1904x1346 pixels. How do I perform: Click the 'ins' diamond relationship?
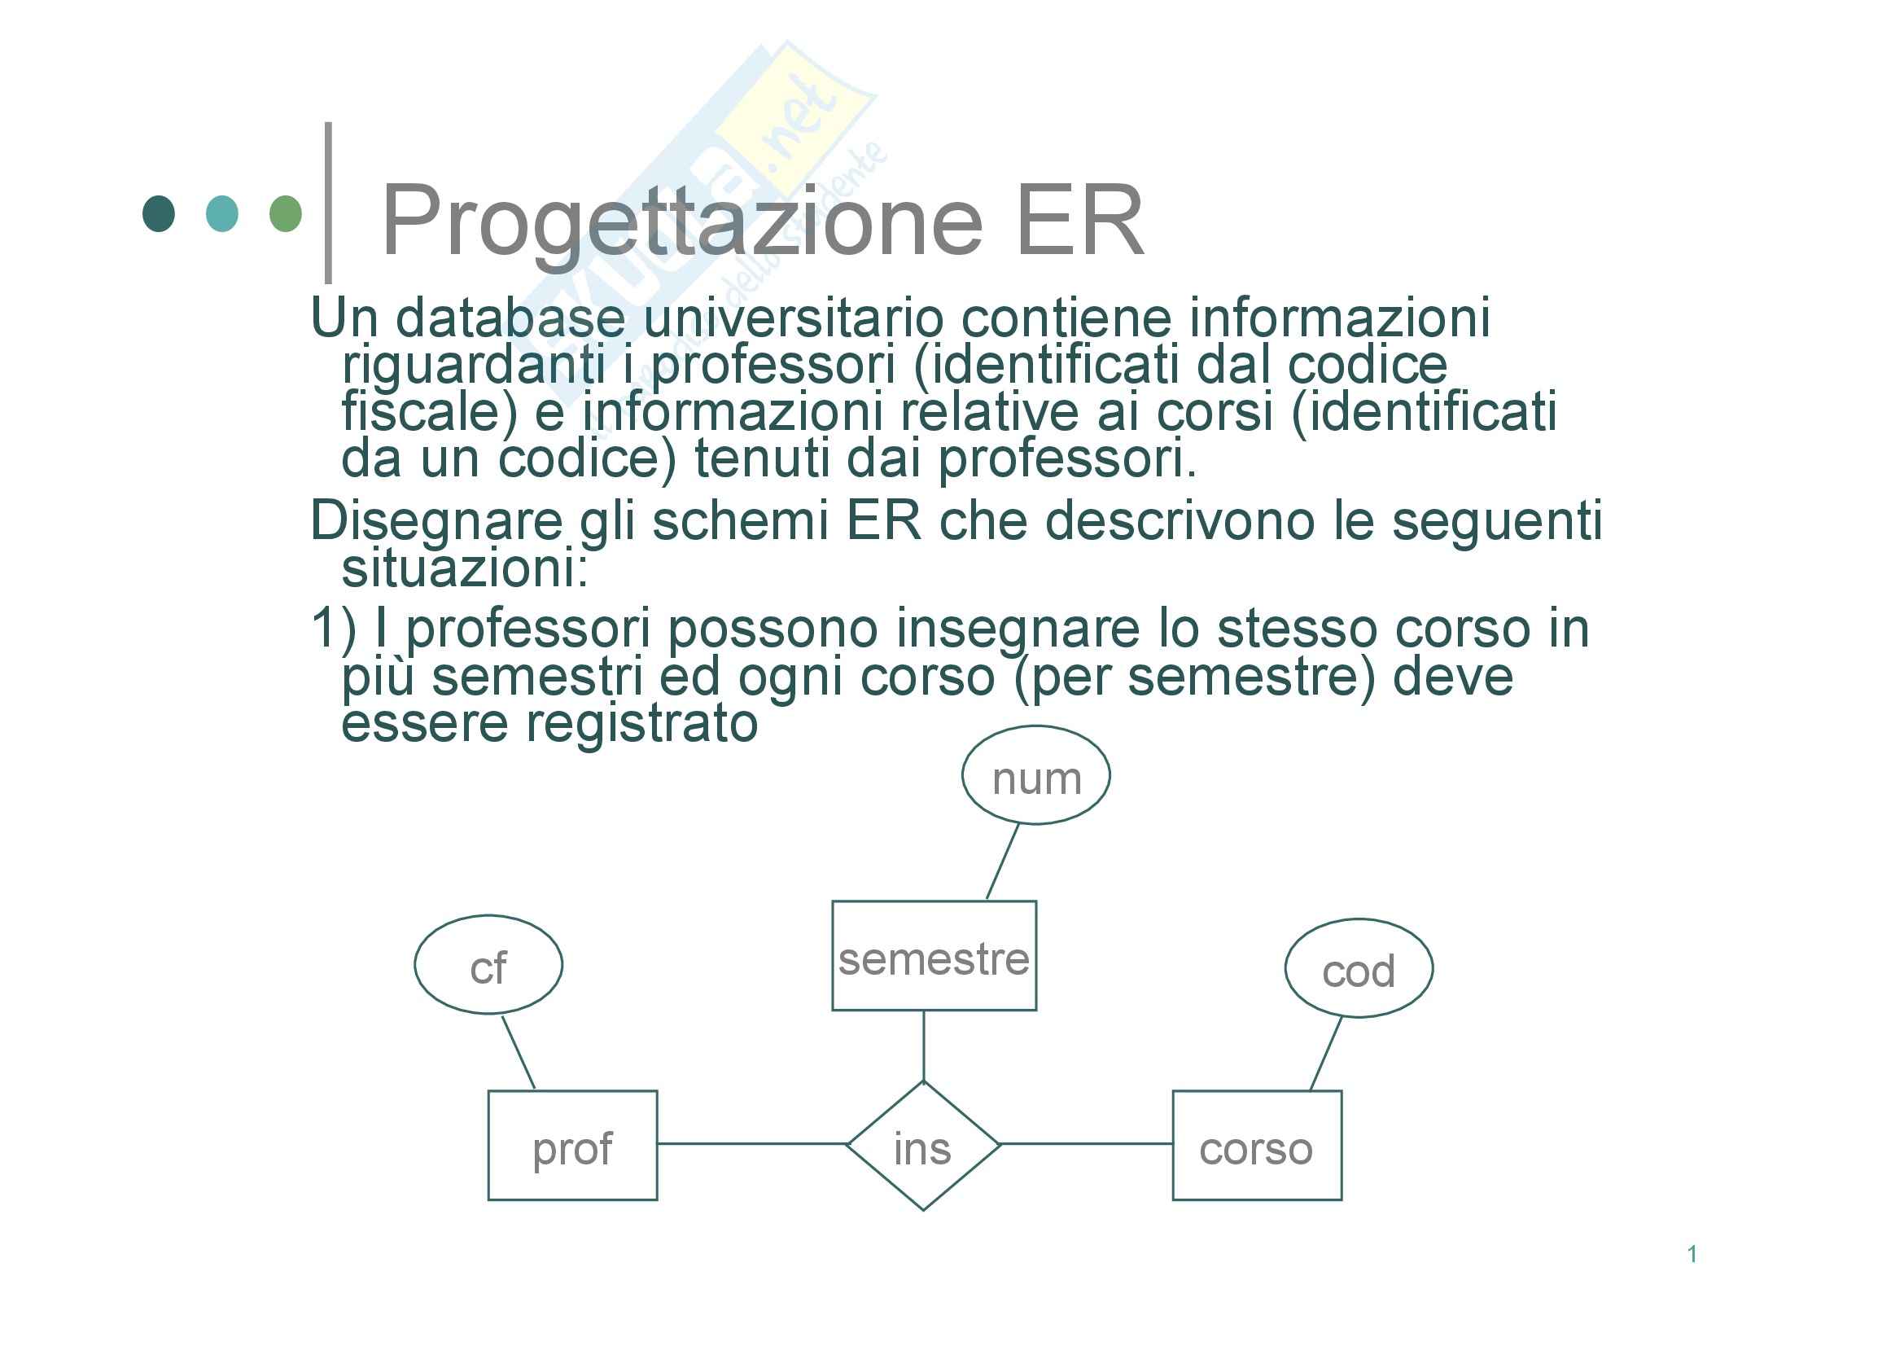pyautogui.click(x=923, y=1147)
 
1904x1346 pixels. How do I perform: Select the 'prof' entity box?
pyautogui.click(x=572, y=1146)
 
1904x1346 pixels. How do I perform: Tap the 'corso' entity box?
pyautogui.click(x=1256, y=1146)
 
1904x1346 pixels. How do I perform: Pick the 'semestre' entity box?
pyautogui.click(x=934, y=955)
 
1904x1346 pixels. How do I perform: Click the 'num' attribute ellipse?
pyautogui.click(x=1035, y=775)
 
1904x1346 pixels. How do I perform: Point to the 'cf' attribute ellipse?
pyautogui.click(x=488, y=964)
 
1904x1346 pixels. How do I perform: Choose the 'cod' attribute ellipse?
pyautogui.click(x=1359, y=968)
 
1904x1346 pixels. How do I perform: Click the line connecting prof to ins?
pyautogui.click(x=751, y=1143)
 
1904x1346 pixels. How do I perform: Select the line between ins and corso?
pyautogui.click(x=1087, y=1143)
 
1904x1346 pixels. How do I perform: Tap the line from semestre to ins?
pyautogui.click(x=924, y=1045)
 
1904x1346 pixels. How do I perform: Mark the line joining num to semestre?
pyautogui.click(x=1003, y=862)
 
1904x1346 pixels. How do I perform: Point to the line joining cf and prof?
pyautogui.click(x=519, y=1051)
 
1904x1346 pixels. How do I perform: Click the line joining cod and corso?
pyautogui.click(x=1325, y=1053)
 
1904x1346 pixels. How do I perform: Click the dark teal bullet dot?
pyautogui.click(x=159, y=214)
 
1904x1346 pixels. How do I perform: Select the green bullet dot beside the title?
pyautogui.click(x=286, y=214)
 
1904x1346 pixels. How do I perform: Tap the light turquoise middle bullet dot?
pyautogui.click(x=222, y=214)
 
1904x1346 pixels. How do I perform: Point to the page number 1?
pyautogui.click(x=1692, y=1254)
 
